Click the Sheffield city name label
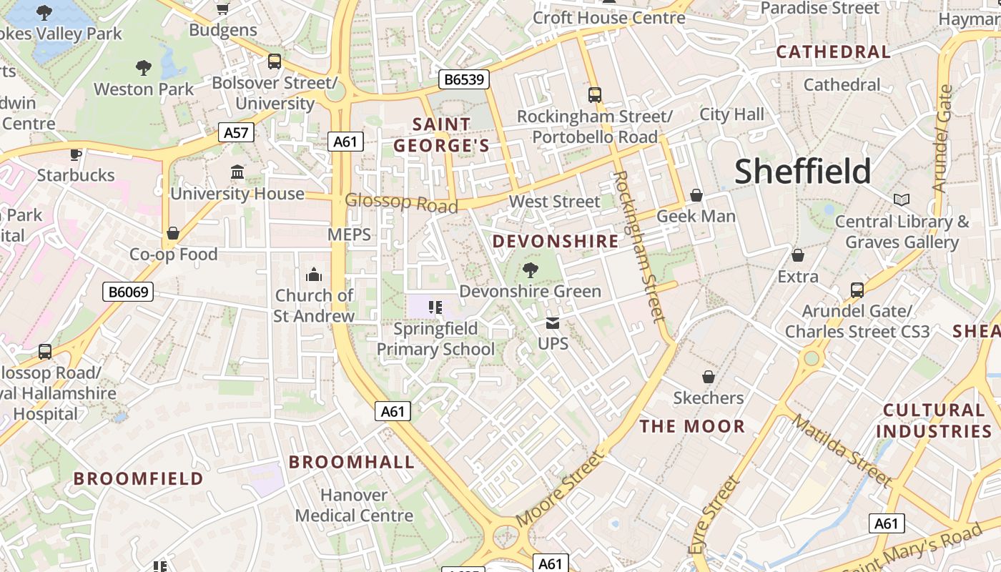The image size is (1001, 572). [x=803, y=172]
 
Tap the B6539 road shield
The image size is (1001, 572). [x=464, y=79]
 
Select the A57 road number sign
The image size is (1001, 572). [x=236, y=132]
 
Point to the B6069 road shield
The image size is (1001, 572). [x=128, y=292]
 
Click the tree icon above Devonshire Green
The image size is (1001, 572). [x=530, y=270]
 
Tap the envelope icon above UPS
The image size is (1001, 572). [x=553, y=323]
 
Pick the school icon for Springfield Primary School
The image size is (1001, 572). [x=435, y=307]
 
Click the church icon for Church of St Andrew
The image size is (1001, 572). [x=314, y=275]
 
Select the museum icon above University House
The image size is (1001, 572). [x=237, y=172]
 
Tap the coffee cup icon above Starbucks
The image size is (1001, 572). [x=76, y=154]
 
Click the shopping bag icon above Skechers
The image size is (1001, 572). [x=709, y=377]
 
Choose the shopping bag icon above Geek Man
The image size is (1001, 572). [x=696, y=195]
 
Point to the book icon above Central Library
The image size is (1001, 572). [x=901, y=200]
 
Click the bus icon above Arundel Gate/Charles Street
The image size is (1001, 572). [x=857, y=290]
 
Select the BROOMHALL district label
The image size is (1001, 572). [x=351, y=462]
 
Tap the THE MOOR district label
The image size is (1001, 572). [x=692, y=427]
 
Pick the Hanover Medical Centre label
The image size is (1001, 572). [x=354, y=505]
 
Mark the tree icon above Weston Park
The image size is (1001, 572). [x=144, y=68]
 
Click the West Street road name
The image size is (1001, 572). [x=554, y=202]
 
